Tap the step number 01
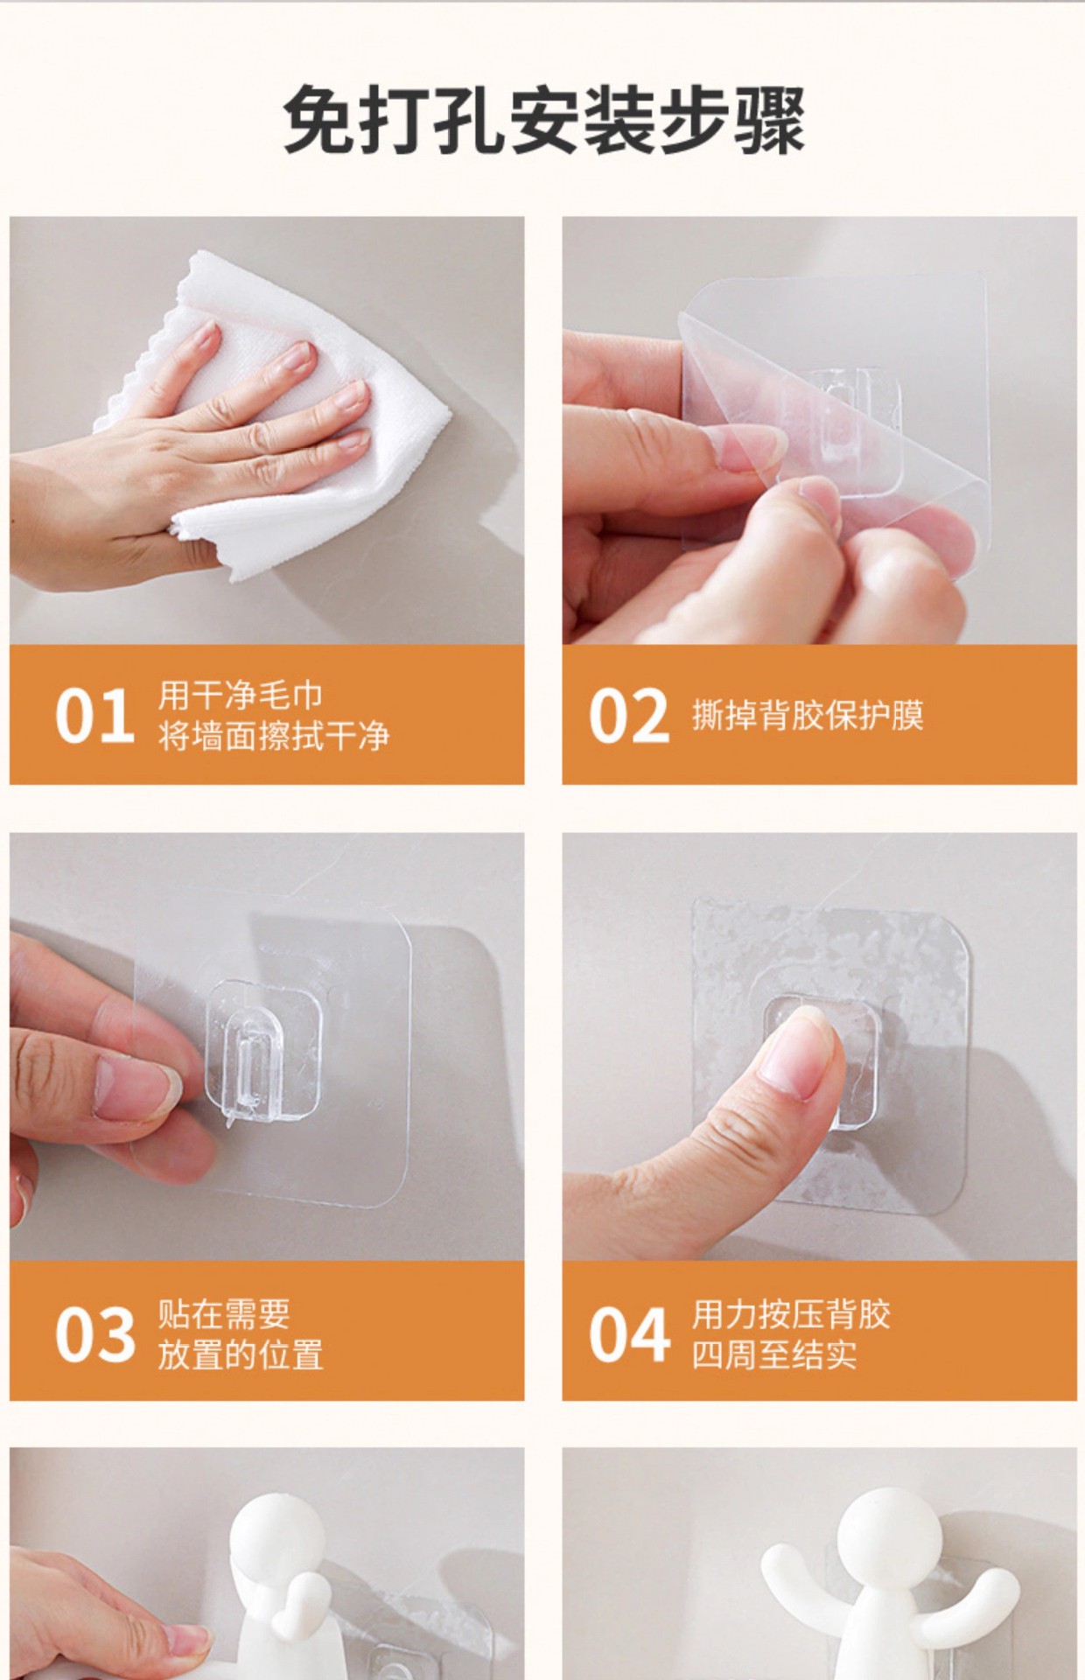[94, 717]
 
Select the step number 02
[628, 717]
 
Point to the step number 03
[94, 1333]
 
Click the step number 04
[629, 1333]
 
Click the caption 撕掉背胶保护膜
[808, 715]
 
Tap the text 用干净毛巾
[241, 696]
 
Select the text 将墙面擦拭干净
[274, 736]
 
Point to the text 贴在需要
[224, 1313]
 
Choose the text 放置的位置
[241, 1354]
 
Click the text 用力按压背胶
[791, 1313]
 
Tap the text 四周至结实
[774, 1354]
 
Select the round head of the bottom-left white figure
[286, 1522]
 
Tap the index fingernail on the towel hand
[206, 333]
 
